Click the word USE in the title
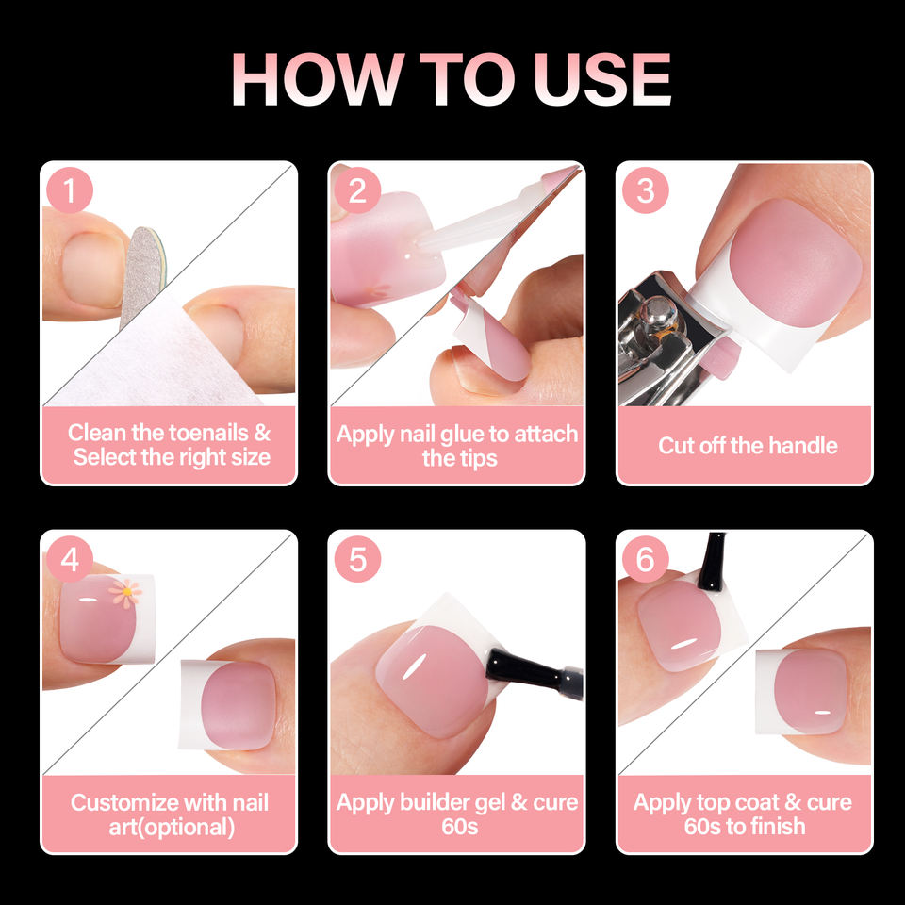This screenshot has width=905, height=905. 602,78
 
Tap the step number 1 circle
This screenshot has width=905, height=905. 70,190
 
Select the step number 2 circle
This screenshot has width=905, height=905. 357,190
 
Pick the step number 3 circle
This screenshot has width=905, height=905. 645,190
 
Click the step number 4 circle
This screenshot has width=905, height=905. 70,559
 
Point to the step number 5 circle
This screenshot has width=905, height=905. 357,559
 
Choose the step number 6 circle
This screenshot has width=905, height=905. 645,559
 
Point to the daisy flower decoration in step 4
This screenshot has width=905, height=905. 125,594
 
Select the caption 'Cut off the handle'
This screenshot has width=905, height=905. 748,446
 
